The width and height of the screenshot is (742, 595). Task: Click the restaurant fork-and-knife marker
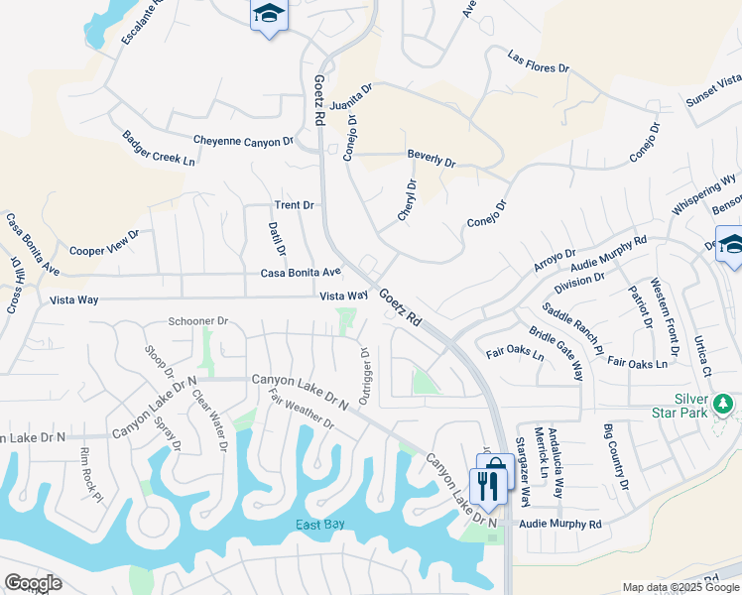click(x=486, y=486)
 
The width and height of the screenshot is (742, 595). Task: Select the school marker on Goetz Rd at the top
click(x=267, y=14)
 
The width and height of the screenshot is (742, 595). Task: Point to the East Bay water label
click(x=319, y=525)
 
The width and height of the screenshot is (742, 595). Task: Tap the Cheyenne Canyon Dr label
click(x=243, y=141)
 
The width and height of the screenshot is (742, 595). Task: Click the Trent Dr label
click(x=294, y=205)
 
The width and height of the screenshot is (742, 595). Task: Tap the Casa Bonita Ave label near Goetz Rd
click(x=301, y=272)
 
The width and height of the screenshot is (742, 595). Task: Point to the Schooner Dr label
click(x=198, y=321)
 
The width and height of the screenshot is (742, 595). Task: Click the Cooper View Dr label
click(x=104, y=243)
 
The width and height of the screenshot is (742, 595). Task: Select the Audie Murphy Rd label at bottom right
click(x=560, y=524)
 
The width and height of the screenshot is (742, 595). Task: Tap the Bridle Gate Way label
click(x=556, y=354)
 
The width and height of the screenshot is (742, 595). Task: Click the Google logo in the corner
click(x=33, y=583)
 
